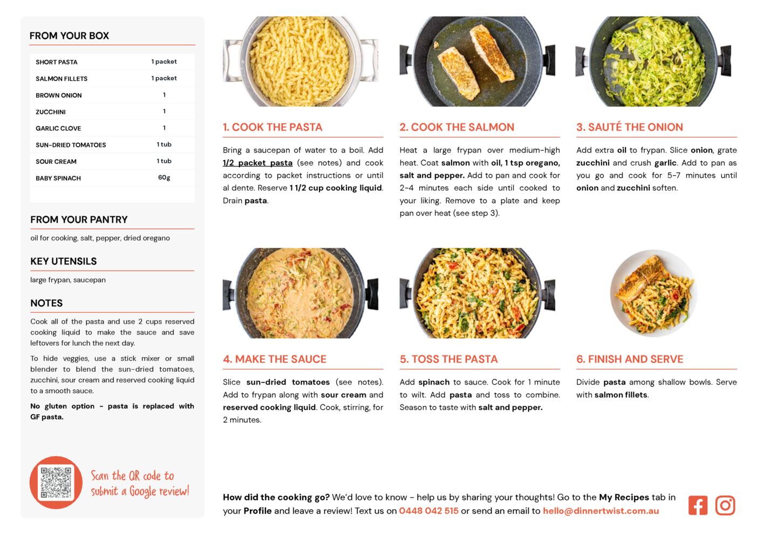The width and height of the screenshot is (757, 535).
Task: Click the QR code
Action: pyautogui.click(x=56, y=482)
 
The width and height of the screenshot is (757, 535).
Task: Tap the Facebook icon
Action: pyautogui.click(x=698, y=505)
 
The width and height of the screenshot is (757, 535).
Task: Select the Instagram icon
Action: pyautogui.click(x=725, y=505)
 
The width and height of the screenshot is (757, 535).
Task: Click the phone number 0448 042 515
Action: pyautogui.click(x=428, y=511)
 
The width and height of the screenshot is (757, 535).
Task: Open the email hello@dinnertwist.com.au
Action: pyautogui.click(x=601, y=511)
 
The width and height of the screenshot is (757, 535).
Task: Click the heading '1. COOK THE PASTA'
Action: pyautogui.click(x=272, y=127)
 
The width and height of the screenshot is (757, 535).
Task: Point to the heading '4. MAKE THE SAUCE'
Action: pyautogui.click(x=275, y=359)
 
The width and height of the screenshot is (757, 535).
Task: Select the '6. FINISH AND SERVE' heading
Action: pyautogui.click(x=630, y=359)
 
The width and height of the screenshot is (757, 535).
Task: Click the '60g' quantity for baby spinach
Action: pyautogui.click(x=164, y=177)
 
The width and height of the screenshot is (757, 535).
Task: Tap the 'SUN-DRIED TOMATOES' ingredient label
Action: pyautogui.click(x=71, y=145)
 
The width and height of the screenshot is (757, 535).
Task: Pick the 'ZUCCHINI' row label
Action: pyautogui.click(x=51, y=112)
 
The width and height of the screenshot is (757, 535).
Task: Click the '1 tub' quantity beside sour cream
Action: pyautogui.click(x=164, y=161)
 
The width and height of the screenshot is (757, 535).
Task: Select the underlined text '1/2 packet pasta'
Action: pyautogui.click(x=257, y=163)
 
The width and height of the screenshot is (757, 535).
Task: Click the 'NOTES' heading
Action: pyautogui.click(x=46, y=303)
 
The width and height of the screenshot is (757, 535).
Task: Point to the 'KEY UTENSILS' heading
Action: pyautogui.click(x=64, y=261)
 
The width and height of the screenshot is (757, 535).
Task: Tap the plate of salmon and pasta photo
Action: pyautogui.click(x=653, y=293)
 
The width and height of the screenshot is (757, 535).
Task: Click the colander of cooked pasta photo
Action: pyautogui.click(x=301, y=61)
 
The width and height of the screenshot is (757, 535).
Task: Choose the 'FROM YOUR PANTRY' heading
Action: pyautogui.click(x=79, y=220)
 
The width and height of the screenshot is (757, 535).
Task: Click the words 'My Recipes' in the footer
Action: pyautogui.click(x=624, y=497)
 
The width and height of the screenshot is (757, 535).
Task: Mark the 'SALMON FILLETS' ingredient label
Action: pyautogui.click(x=62, y=79)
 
